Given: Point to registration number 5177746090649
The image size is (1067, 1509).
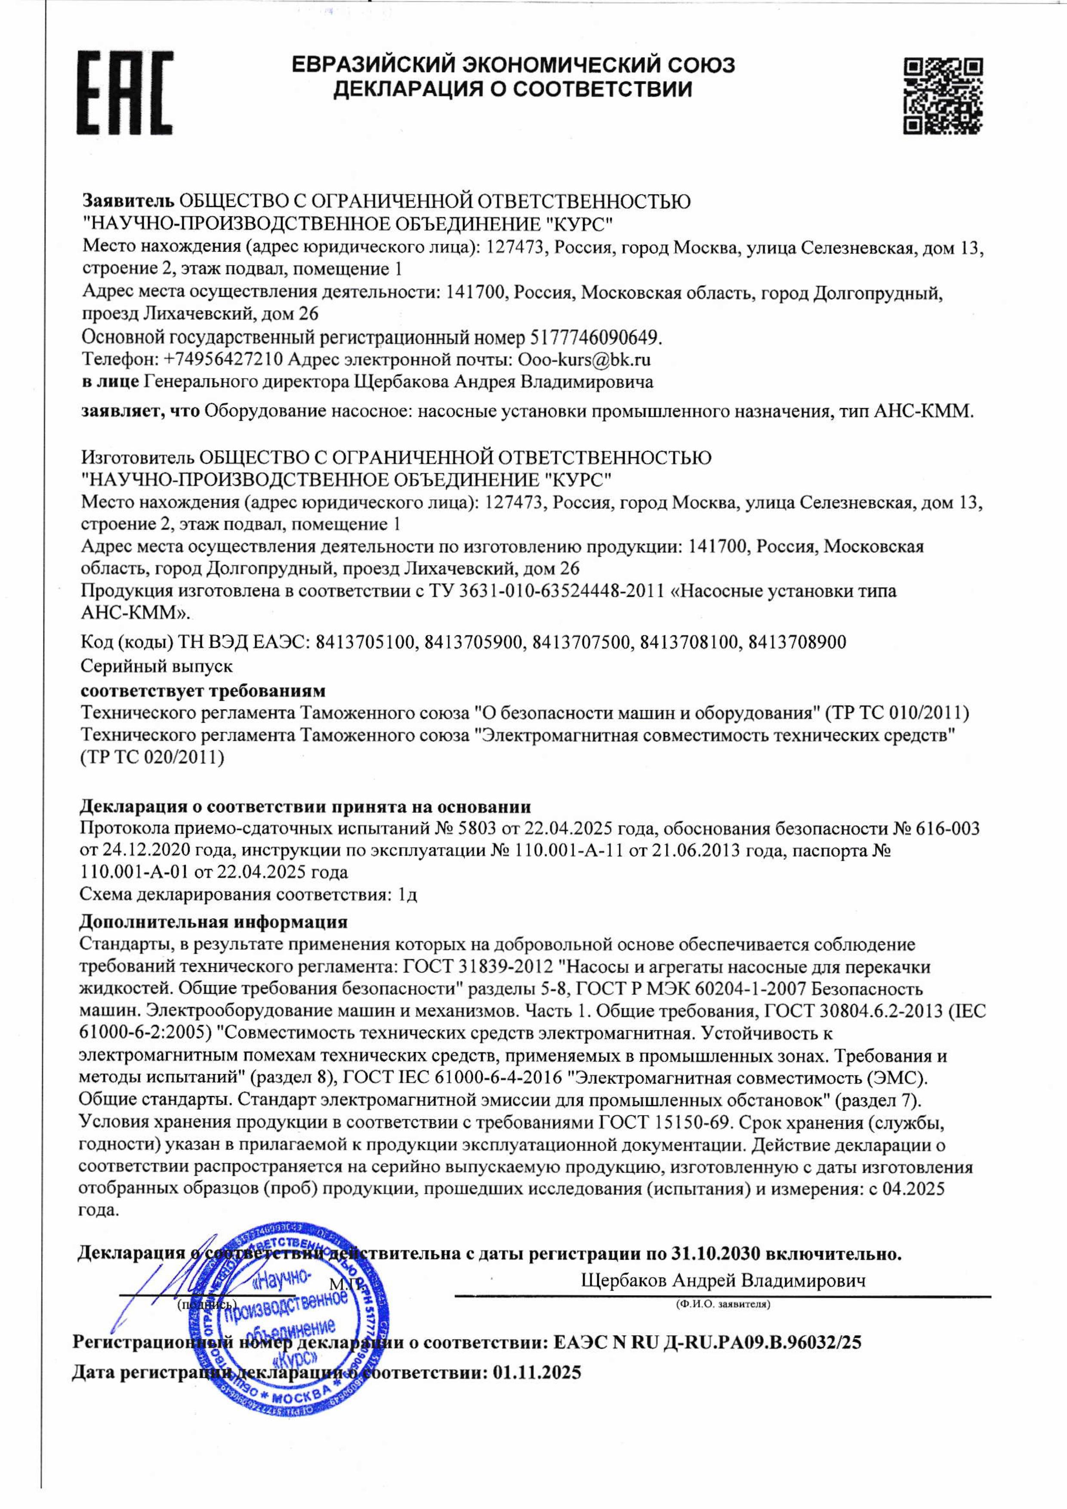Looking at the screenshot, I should (594, 338).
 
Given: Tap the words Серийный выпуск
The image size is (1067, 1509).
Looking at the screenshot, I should (157, 666).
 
